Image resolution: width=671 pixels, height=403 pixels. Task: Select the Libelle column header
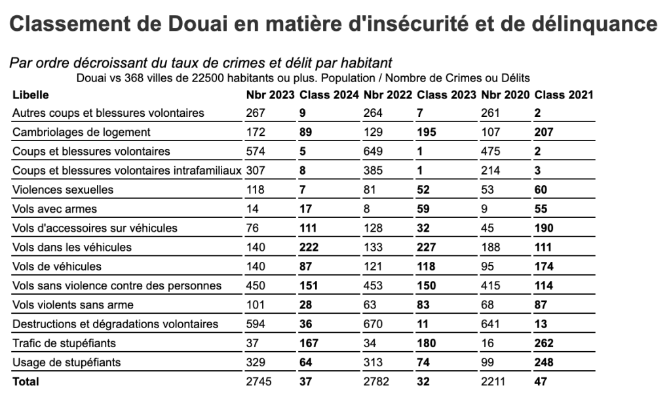pyautogui.click(x=30, y=95)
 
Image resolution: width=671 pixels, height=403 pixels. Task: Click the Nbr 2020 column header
pyautogui.click(x=505, y=95)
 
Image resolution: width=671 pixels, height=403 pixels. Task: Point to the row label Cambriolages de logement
pyautogui.click(x=82, y=132)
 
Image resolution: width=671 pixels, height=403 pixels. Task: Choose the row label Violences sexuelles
pyautogui.click(x=63, y=190)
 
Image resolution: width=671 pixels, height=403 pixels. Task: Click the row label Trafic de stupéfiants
pyautogui.click(x=65, y=343)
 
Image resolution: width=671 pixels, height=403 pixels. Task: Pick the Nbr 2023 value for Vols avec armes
pyautogui.click(x=253, y=209)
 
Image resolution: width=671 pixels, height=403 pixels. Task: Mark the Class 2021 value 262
pyautogui.click(x=545, y=343)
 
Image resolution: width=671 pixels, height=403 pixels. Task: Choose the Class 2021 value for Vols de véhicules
pyautogui.click(x=545, y=266)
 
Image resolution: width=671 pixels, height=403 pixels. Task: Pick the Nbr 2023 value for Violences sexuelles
pyautogui.click(x=255, y=190)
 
